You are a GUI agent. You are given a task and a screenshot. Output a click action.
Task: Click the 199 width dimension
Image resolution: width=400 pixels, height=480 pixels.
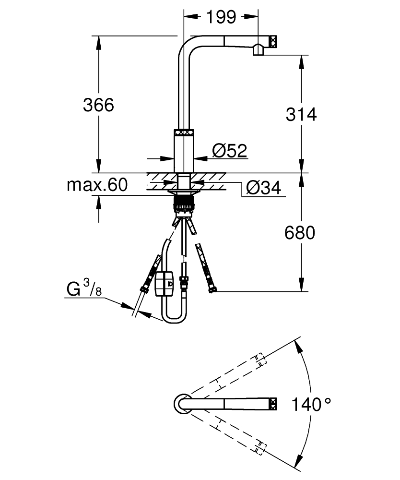tap(221, 17)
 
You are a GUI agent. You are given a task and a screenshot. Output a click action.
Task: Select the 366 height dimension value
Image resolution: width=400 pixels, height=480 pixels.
tap(99, 105)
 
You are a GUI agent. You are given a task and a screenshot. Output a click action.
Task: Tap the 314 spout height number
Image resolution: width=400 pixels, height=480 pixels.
tap(301, 114)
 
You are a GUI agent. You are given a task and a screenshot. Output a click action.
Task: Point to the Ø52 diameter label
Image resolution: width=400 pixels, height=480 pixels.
tap(229, 151)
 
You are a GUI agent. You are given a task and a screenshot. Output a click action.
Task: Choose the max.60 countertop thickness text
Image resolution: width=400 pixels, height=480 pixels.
tap(97, 185)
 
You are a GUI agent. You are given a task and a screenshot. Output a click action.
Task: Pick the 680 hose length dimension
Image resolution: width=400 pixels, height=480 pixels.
tap(300, 233)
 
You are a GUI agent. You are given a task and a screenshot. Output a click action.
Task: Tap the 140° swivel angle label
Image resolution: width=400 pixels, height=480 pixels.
tap(312, 404)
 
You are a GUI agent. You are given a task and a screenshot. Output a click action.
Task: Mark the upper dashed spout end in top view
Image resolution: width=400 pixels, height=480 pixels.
tap(259, 360)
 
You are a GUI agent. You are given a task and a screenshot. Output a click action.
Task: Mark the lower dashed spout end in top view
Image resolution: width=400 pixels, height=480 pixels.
tap(259, 447)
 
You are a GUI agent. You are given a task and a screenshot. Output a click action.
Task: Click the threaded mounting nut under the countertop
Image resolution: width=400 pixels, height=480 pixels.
tap(183, 202)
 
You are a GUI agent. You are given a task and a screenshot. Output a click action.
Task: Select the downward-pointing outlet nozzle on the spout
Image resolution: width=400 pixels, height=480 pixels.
tap(258, 49)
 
